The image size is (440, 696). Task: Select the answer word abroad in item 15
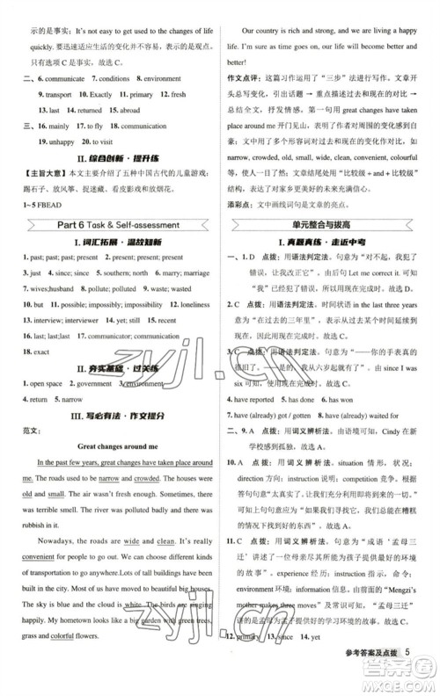(128, 111)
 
